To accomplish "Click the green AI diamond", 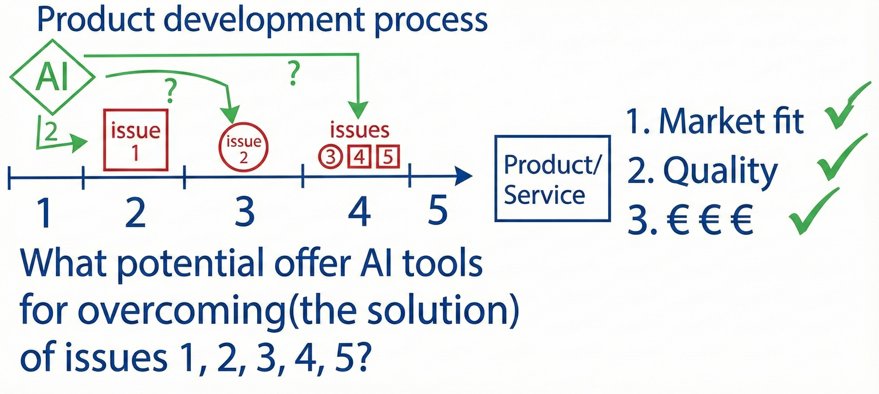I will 52,77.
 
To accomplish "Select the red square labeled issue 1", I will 136,140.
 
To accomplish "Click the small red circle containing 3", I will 330,157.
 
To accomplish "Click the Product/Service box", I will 552,178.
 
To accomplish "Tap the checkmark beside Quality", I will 840,158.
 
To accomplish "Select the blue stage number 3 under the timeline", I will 244,212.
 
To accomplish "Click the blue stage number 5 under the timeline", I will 437,210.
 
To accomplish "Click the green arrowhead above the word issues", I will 358,110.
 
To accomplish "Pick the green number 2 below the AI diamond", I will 51,131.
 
